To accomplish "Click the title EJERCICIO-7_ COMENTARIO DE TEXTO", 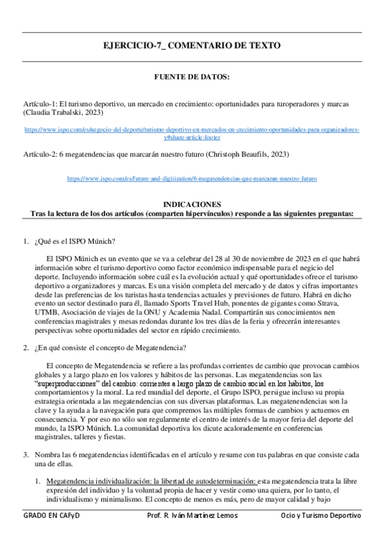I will coord(192,46).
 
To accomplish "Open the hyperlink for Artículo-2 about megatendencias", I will coord(192,179).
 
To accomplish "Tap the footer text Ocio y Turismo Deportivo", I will coord(321,515).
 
